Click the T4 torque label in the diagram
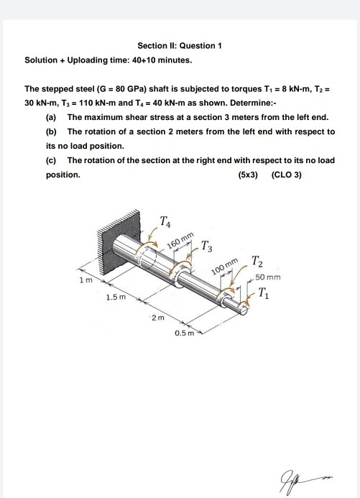[166, 222]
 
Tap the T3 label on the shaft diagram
[207, 249]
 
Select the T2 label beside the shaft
[258, 264]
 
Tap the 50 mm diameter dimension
[267, 277]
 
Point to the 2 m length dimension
[160, 317]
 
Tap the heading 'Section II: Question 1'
[180, 45]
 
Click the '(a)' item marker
[51, 117]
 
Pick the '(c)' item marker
[51, 160]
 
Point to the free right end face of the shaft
[246, 305]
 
